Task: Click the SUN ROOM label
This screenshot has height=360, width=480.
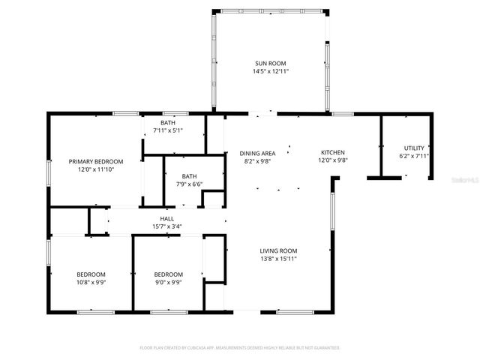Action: (270, 63)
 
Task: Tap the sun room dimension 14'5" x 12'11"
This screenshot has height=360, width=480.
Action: (270, 71)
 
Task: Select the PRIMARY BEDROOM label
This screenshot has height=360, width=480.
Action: (96, 161)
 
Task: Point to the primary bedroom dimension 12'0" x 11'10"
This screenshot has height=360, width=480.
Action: (96, 169)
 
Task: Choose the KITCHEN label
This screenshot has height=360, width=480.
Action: (333, 151)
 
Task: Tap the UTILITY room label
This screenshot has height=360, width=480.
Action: (413, 148)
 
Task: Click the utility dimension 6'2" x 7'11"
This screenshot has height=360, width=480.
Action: (413, 157)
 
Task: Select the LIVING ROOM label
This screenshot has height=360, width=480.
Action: (279, 251)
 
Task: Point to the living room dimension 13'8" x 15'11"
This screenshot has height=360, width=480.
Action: (279, 259)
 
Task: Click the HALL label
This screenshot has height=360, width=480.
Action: (166, 218)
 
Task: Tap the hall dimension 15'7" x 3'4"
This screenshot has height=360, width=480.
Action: (166, 226)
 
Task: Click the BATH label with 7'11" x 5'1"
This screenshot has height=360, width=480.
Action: (168, 122)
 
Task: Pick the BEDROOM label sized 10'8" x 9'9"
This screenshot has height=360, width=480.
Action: (91, 274)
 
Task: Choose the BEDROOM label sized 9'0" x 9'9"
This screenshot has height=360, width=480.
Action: (168, 274)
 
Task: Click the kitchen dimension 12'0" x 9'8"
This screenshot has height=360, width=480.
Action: (333, 160)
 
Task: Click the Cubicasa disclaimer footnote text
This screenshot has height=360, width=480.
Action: (240, 348)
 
